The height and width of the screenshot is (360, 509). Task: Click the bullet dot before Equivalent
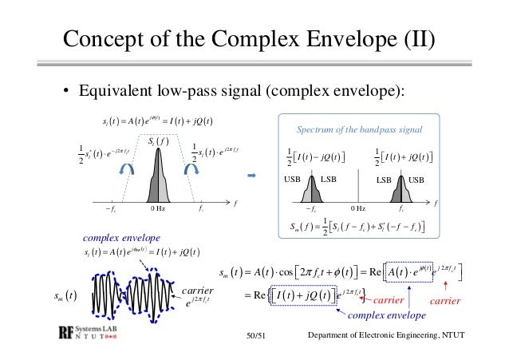[66, 89]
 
